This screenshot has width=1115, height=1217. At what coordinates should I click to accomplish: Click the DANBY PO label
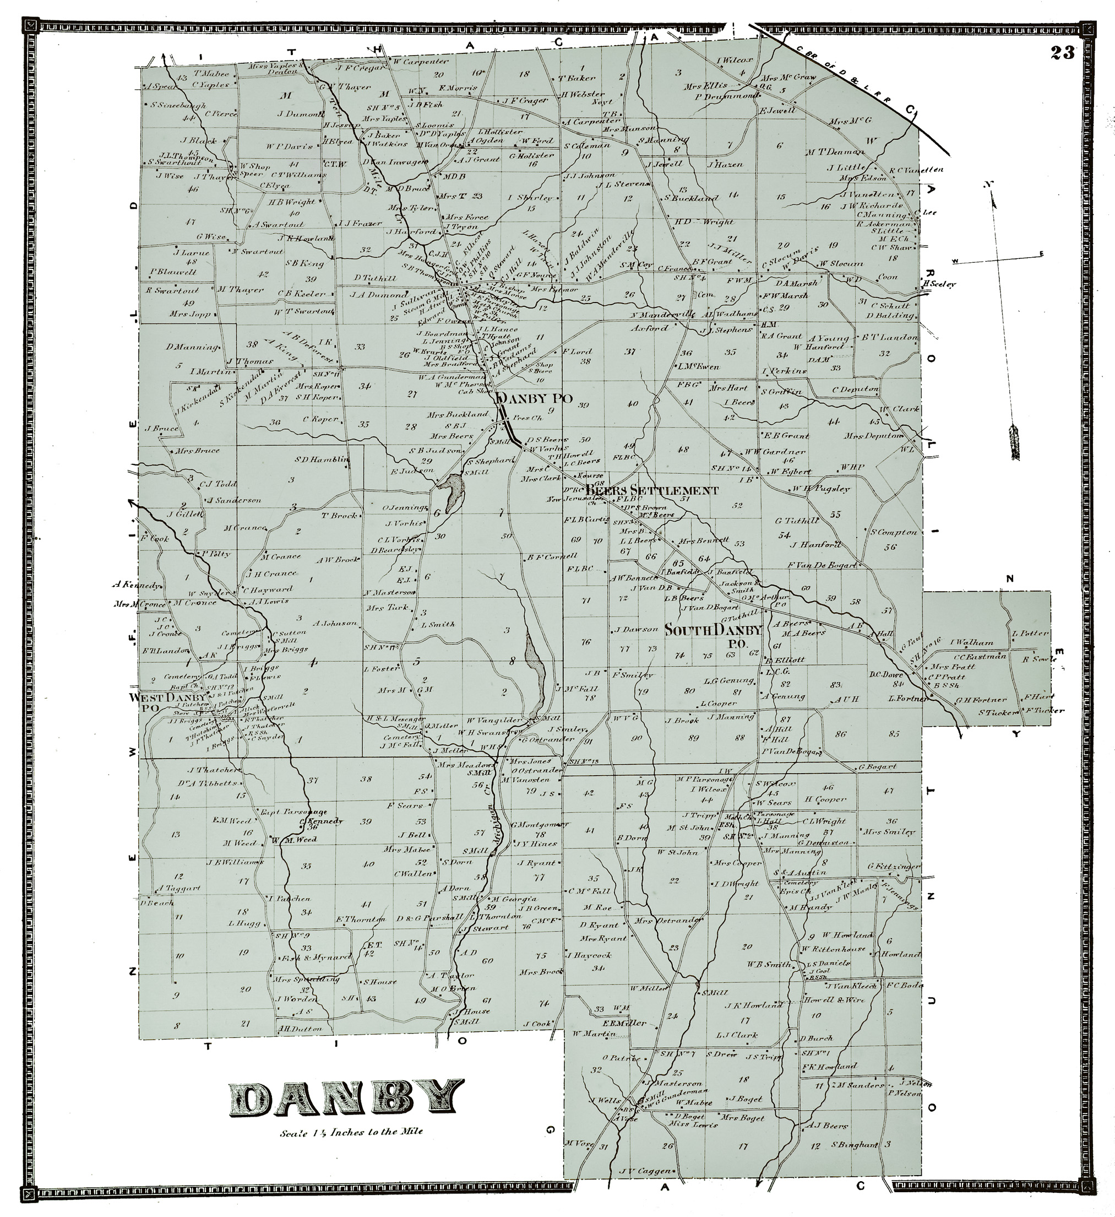(534, 398)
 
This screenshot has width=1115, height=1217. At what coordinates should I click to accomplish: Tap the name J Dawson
(636, 629)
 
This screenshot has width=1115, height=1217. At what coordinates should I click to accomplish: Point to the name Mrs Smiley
(889, 831)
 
